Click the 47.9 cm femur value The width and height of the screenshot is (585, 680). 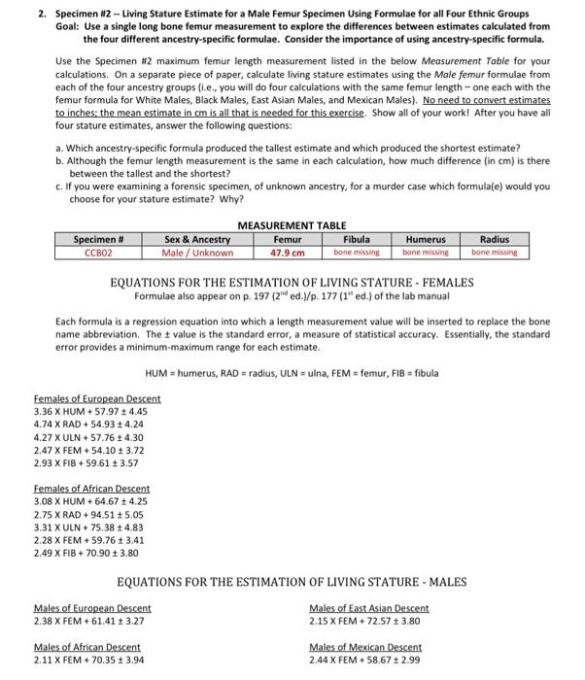click(288, 253)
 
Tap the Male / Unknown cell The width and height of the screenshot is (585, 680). click(197, 253)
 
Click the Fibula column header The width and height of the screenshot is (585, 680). click(356, 239)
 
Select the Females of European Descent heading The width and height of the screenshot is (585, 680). click(97, 399)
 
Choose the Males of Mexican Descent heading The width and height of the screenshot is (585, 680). click(364, 647)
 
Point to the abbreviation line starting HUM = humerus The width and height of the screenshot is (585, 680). click(292, 373)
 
